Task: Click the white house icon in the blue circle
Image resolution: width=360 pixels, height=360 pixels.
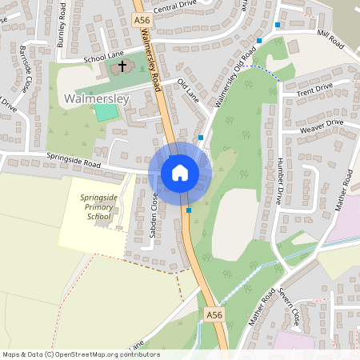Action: [179, 172]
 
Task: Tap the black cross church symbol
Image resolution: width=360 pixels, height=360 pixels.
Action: [122, 66]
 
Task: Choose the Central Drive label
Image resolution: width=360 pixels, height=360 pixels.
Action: [174, 9]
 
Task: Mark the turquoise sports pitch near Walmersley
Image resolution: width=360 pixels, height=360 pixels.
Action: [105, 112]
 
